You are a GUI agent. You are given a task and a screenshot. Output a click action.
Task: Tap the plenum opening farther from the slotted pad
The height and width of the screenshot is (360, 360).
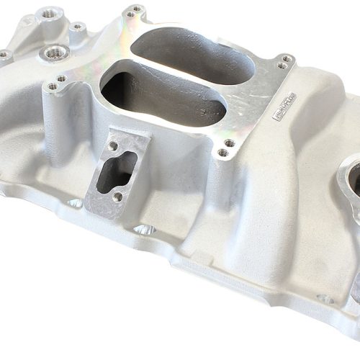[193, 55]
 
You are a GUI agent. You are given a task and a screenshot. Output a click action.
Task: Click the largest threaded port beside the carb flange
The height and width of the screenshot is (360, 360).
[56, 53]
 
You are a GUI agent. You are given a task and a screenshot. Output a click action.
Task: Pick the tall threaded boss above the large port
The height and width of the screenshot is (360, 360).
[52, 14]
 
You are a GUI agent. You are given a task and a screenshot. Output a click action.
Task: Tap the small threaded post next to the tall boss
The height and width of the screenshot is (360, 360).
[78, 27]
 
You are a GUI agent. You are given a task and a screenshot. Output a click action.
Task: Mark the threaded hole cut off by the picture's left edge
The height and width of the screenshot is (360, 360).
[4, 54]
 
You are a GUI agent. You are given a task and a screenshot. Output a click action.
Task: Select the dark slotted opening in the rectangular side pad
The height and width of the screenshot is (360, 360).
[116, 170]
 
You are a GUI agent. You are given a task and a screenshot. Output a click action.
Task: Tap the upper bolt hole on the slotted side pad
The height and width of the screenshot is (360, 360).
[114, 146]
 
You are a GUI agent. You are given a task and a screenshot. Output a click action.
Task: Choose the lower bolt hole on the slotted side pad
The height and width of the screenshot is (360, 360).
[117, 196]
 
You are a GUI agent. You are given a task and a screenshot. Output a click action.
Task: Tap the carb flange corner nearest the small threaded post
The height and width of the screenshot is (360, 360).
[135, 11]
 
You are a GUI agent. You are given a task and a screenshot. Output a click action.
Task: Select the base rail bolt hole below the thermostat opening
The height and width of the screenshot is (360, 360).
[325, 298]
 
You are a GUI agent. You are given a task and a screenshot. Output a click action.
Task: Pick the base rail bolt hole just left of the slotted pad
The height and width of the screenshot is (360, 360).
[76, 203]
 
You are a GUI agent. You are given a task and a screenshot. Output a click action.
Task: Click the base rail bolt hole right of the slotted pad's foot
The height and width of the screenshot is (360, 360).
[144, 230]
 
